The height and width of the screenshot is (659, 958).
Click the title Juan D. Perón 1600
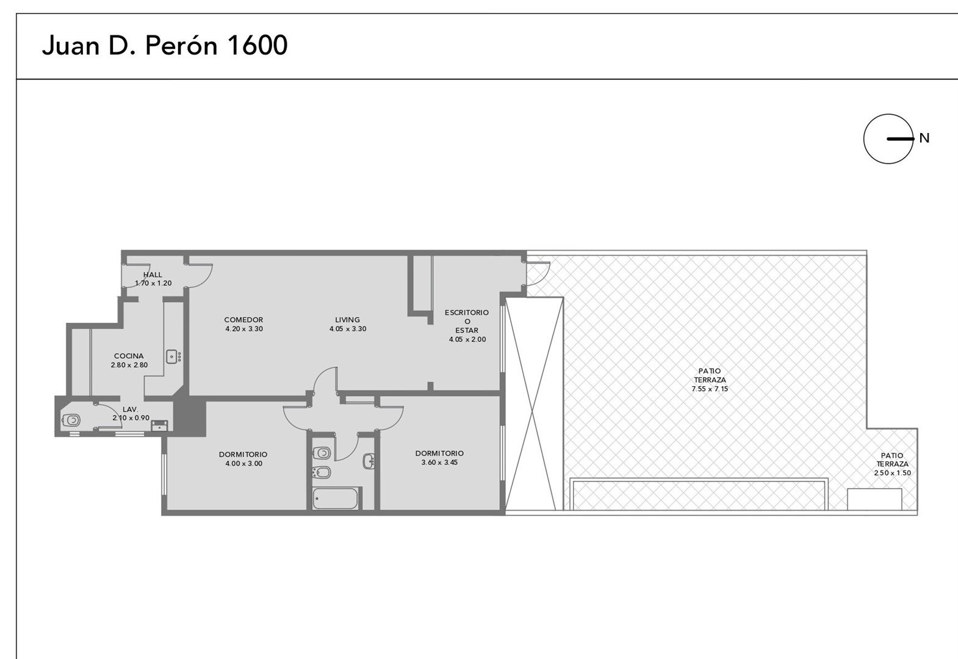tap(165, 45)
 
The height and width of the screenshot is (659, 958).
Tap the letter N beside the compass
tap(924, 138)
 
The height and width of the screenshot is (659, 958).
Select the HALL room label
tap(153, 275)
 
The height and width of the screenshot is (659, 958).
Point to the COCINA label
tap(129, 356)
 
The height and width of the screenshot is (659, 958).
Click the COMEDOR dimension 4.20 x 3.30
tap(244, 329)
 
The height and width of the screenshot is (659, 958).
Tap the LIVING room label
tap(347, 320)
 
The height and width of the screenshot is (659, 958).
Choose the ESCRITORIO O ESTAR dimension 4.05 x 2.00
tap(467, 339)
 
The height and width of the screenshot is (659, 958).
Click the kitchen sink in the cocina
tap(173, 356)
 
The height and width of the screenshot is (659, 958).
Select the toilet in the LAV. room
tap(71, 420)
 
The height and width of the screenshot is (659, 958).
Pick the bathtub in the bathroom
tap(335, 499)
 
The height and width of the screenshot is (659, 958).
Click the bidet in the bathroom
tap(322, 472)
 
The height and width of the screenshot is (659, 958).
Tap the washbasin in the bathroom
tap(369, 461)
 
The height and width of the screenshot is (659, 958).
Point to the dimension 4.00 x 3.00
tap(244, 464)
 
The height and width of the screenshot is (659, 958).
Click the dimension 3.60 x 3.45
tap(439, 463)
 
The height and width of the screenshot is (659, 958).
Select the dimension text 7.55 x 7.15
tap(710, 389)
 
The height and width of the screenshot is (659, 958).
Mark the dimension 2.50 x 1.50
tap(893, 473)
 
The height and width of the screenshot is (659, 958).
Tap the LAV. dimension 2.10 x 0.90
tap(131, 418)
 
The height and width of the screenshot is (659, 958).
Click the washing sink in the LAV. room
tap(159, 425)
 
